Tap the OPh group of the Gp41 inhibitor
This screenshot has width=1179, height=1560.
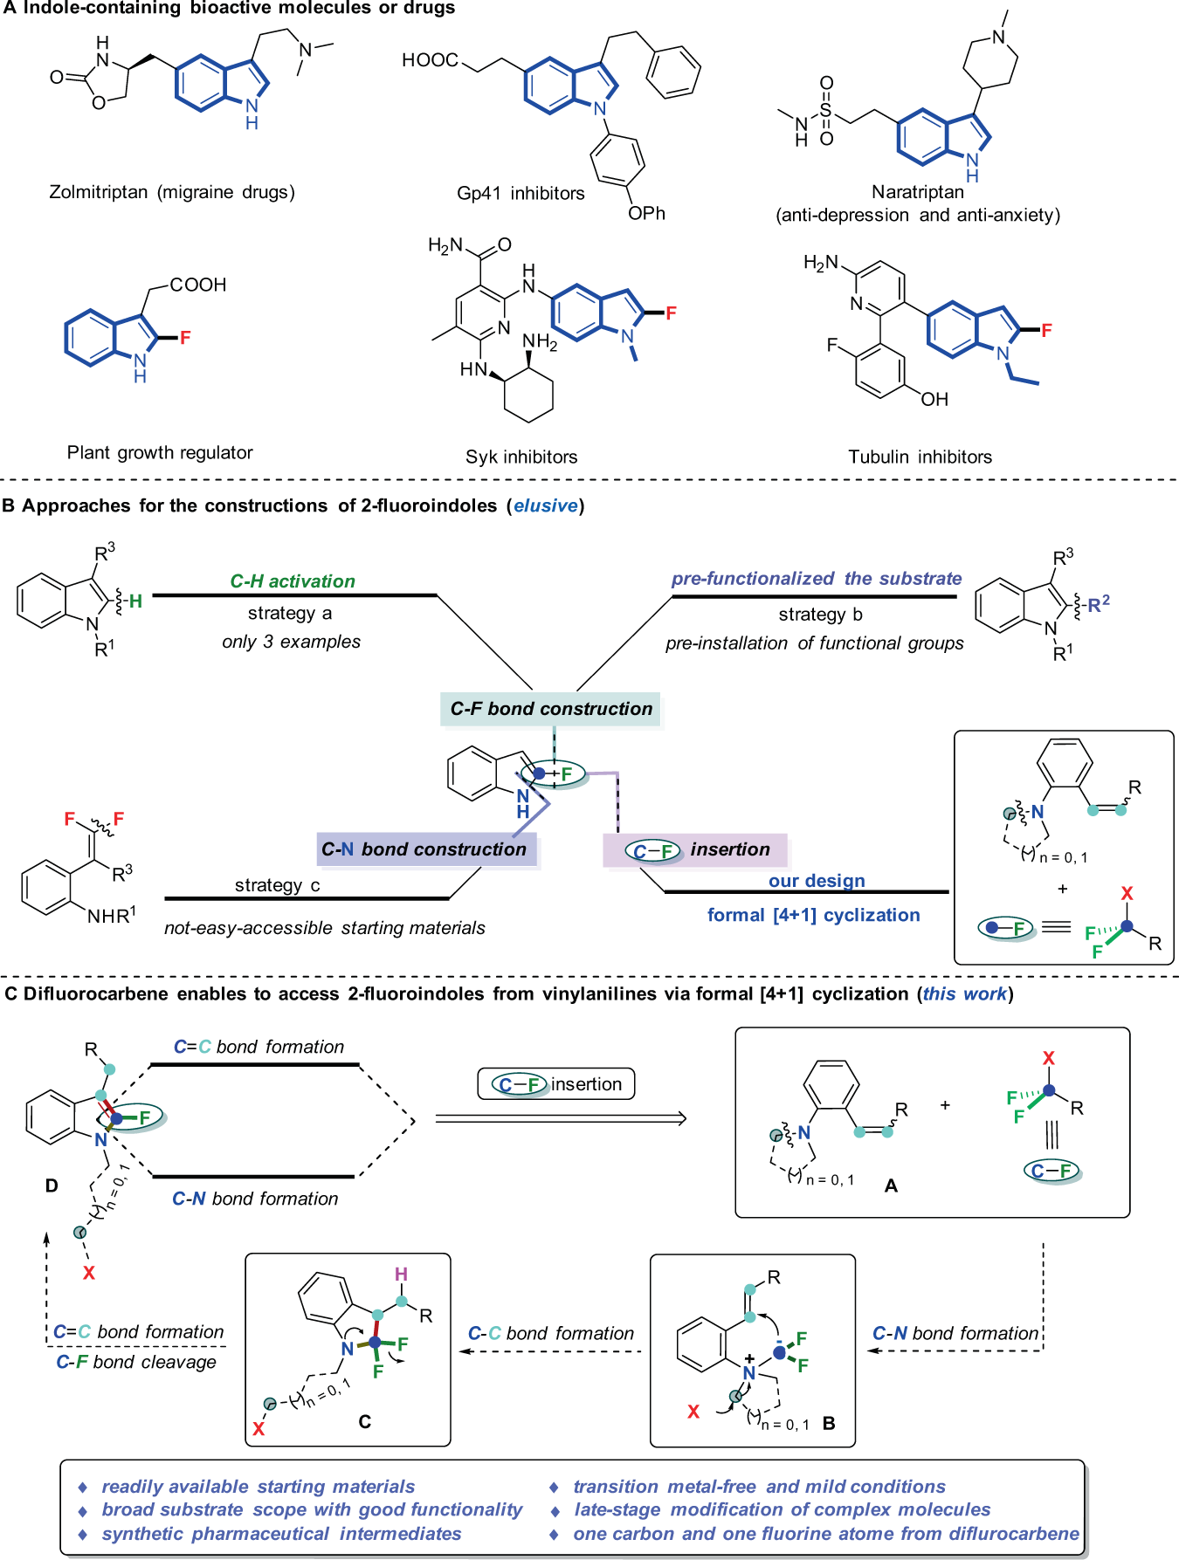click(x=646, y=214)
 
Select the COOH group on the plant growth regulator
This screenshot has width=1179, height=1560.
click(x=198, y=285)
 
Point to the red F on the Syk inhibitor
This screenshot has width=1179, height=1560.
click(x=671, y=313)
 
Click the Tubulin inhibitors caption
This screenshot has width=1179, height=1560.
click(x=920, y=457)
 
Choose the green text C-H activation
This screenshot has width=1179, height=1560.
click(x=293, y=581)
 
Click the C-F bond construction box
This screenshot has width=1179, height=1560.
click(x=551, y=709)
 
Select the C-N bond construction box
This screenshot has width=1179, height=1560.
click(x=425, y=849)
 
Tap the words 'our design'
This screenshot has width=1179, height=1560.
click(x=817, y=881)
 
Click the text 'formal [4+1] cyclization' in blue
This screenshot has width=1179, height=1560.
click(x=813, y=915)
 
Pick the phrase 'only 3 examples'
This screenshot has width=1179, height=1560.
click(x=291, y=642)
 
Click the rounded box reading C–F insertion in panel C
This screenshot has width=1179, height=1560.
click(x=556, y=1084)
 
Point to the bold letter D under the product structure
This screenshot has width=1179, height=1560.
click(x=52, y=1185)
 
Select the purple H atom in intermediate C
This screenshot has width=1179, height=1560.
click(x=401, y=1274)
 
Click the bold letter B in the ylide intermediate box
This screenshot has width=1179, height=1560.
click(x=829, y=1423)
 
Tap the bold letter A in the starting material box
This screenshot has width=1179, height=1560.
click(x=891, y=1185)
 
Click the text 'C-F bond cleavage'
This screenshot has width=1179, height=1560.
click(x=136, y=1362)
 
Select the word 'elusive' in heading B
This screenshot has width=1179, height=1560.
click(x=546, y=505)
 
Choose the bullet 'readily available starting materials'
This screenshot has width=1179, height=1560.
click(x=258, y=1487)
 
